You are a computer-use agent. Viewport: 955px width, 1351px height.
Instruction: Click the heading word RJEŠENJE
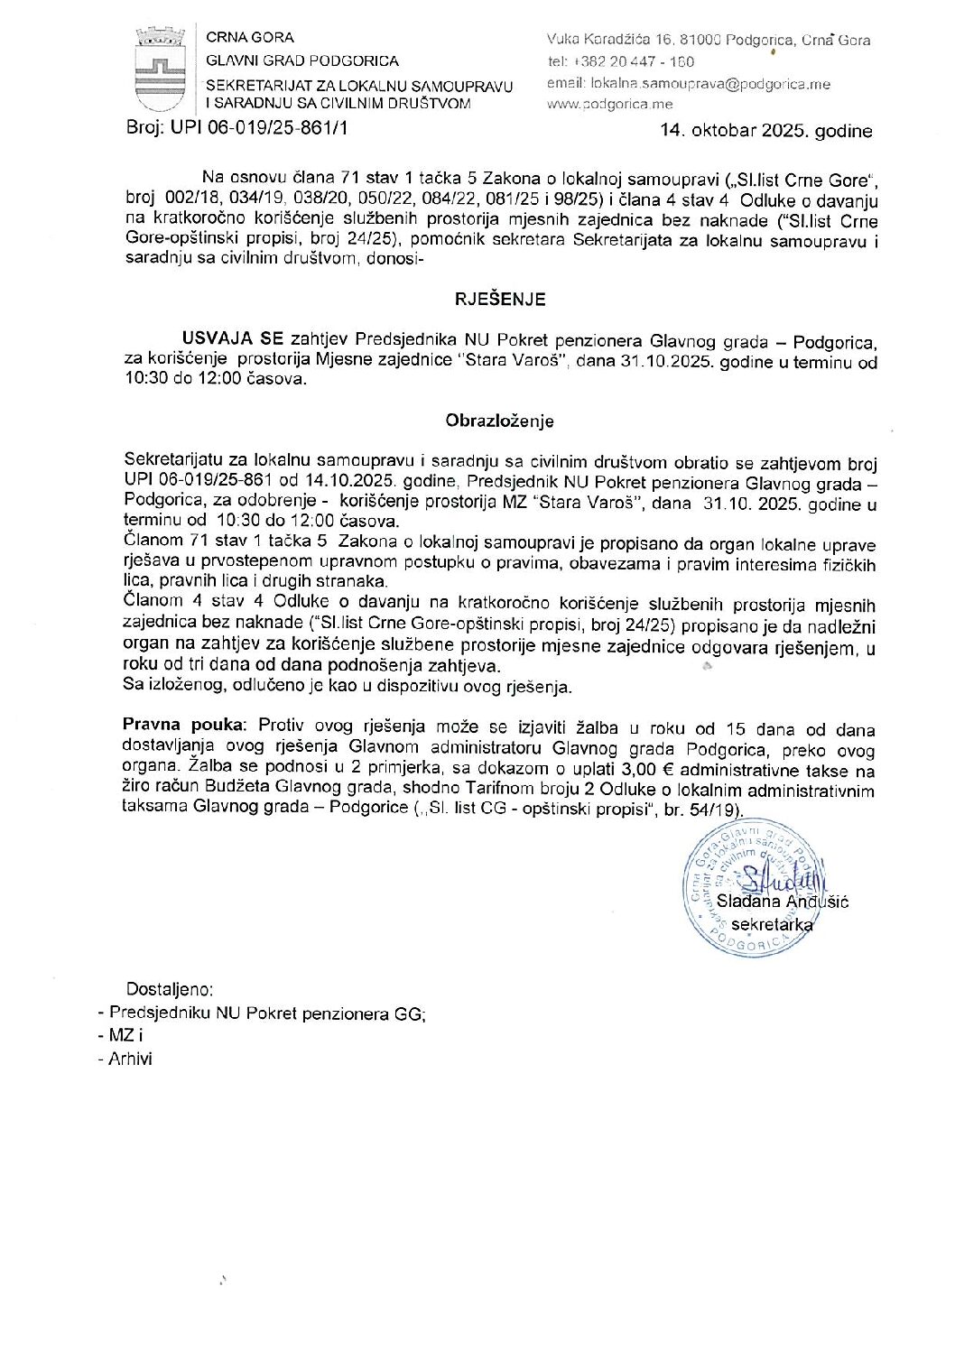click(x=499, y=300)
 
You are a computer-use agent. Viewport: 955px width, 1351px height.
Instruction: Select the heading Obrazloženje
click(x=499, y=421)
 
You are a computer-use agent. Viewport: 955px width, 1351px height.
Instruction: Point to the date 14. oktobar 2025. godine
click(x=765, y=131)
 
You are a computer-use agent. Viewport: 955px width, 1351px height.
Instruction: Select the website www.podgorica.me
click(x=609, y=105)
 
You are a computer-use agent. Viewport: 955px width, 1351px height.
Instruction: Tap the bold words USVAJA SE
click(x=233, y=340)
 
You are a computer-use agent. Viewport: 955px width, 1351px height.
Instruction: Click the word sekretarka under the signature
click(x=772, y=924)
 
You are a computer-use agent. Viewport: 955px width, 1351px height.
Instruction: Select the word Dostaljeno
click(x=170, y=989)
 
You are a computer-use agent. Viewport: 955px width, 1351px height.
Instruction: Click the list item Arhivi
click(x=130, y=1060)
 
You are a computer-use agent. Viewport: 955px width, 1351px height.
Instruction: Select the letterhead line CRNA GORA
click(x=250, y=38)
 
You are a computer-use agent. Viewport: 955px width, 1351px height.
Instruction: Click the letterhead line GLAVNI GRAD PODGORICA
click(x=302, y=60)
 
